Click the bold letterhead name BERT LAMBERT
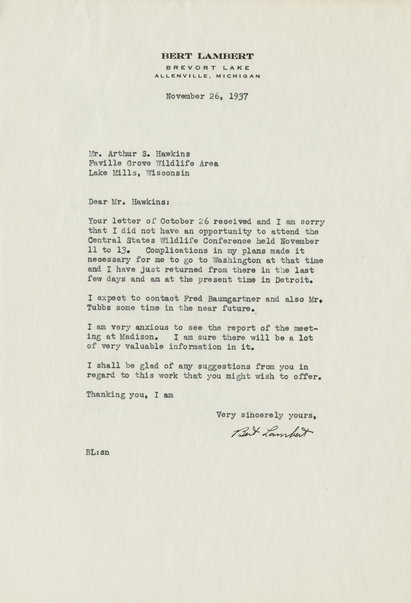click(x=207, y=56)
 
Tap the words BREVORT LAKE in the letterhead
click(x=208, y=68)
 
